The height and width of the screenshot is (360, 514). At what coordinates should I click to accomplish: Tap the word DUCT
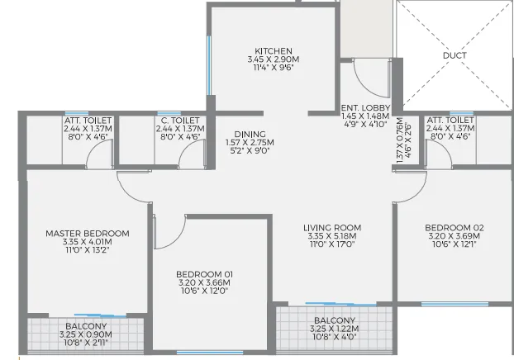point(455,56)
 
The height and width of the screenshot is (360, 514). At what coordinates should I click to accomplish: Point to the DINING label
point(249,133)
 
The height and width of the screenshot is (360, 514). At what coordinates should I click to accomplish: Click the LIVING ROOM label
point(331,228)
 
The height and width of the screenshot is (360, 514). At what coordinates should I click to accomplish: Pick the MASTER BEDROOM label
point(87,234)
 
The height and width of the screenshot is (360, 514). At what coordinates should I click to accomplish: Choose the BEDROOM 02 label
point(454,228)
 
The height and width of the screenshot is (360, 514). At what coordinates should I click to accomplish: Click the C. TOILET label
point(178,121)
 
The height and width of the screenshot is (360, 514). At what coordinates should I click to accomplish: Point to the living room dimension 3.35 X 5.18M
point(331,236)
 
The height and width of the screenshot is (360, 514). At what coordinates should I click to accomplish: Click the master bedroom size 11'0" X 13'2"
point(87,252)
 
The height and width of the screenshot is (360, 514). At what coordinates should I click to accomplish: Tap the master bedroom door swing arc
point(131,187)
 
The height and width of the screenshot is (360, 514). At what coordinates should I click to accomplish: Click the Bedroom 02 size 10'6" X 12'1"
point(454,245)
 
